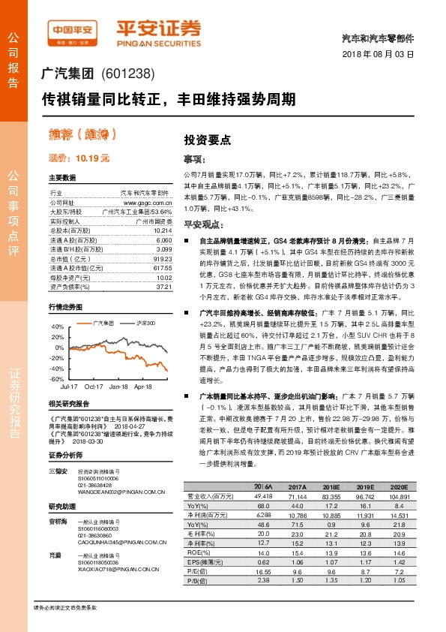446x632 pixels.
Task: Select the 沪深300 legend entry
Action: (145, 323)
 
